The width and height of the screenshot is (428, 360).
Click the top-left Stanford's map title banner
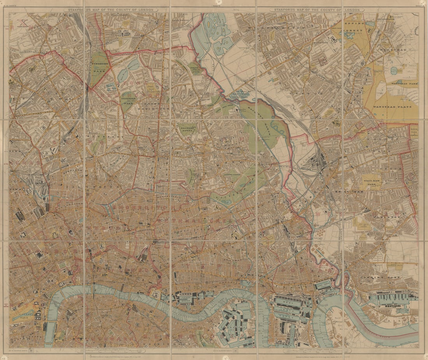click(x=111, y=10)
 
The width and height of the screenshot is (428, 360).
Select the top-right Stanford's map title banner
click(x=317, y=10)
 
